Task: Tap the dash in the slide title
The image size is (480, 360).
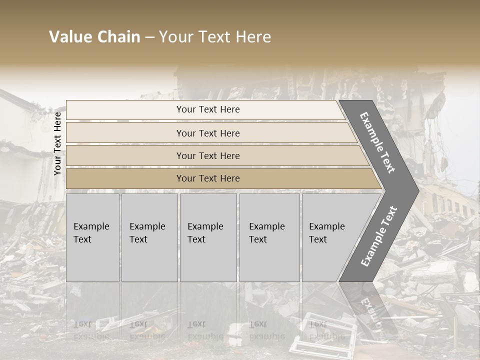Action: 149,37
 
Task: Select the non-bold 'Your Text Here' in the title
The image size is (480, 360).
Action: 214,37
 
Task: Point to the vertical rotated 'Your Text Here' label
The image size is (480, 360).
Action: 57,143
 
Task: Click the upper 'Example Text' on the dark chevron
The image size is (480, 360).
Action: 377,142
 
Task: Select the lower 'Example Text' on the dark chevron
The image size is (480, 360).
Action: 378,236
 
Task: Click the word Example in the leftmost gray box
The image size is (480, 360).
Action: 91,226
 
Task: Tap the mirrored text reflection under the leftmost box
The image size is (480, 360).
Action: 91,330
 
